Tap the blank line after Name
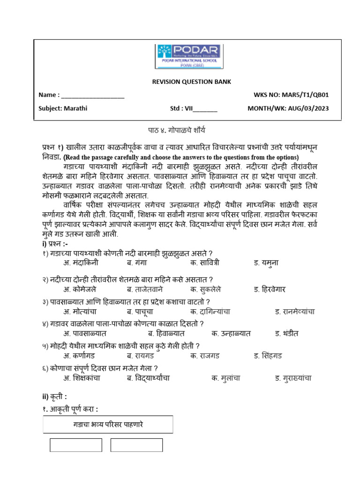pos(93,95)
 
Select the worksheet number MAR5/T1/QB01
pos(305,95)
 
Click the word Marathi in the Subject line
pos(75,108)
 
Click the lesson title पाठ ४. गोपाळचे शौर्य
pos(180,130)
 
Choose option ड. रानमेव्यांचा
pos(294,311)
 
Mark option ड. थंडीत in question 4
pos(287,333)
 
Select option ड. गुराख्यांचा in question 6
pos(293,378)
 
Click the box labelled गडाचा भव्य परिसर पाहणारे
pos(108,425)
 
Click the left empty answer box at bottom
pos(75,445)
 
